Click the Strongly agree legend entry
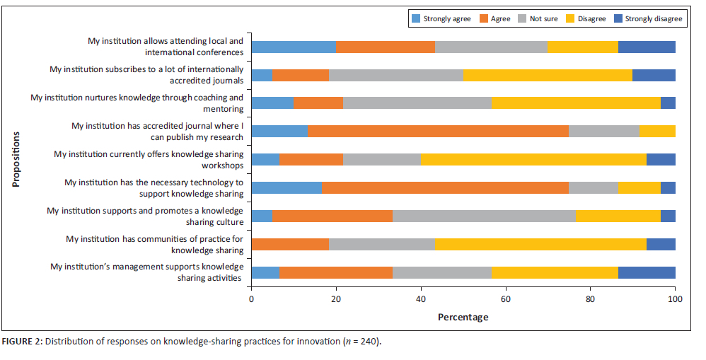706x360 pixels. click(445, 18)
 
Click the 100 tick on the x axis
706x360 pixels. click(675, 299)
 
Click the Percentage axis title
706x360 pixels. click(463, 317)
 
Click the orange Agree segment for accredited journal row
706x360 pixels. click(438, 130)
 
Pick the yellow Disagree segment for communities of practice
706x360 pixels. click(540, 244)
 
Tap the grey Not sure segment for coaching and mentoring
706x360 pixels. click(417, 103)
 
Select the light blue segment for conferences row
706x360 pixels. click(294, 47)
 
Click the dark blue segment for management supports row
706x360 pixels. click(647, 272)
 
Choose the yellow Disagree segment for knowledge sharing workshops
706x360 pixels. click(533, 159)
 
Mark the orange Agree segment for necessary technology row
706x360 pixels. click(445, 187)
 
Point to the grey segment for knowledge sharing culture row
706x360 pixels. click(484, 216)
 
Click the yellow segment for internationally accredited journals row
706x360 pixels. click(548, 75)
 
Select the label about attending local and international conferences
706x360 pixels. click(166, 47)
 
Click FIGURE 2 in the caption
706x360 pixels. click(22, 342)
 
